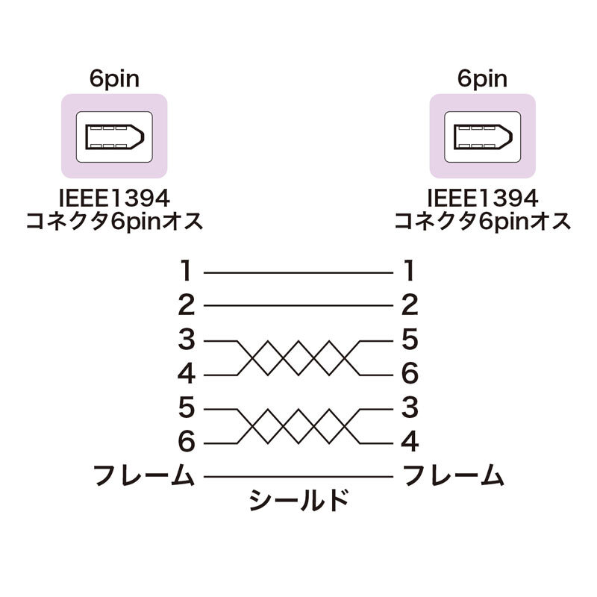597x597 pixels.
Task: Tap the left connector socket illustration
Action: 114,137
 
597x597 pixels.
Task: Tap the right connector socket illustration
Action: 483,137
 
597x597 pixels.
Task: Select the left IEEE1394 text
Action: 114,199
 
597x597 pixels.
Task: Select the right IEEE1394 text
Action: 483,199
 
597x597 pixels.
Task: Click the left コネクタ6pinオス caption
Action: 114,222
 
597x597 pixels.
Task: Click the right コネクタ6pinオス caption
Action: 483,222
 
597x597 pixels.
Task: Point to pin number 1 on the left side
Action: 186,270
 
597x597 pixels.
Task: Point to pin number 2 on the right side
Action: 410,304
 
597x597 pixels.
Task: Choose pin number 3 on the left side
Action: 187,340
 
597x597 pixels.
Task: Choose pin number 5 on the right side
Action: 410,340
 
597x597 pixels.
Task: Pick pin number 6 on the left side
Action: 187,442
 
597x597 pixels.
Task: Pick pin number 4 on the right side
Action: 410,442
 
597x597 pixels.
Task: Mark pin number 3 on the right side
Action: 410,407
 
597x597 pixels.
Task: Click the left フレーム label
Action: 144,475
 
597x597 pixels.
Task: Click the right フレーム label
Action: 453,475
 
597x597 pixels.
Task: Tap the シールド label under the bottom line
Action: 299,500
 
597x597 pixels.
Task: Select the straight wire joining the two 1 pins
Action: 298,272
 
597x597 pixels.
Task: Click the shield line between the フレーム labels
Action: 298,476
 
